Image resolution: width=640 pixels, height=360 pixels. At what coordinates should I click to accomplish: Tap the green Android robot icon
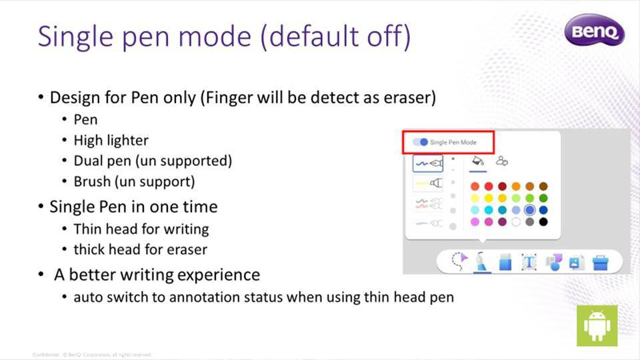597,326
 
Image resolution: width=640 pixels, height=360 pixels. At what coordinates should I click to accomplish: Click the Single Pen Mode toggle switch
421,142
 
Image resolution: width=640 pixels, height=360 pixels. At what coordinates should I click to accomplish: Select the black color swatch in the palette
543,222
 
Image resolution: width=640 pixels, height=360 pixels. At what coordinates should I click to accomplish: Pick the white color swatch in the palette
515,222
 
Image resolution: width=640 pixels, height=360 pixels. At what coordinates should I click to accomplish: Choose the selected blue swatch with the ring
529,210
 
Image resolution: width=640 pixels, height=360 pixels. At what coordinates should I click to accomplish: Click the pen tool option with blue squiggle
428,163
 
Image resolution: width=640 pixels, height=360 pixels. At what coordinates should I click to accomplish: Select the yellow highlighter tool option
428,183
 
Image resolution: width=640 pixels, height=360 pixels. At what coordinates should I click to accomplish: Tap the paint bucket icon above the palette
478,161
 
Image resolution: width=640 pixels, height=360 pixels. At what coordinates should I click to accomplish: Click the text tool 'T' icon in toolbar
529,262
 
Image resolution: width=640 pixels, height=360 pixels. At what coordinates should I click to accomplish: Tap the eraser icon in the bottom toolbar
505,262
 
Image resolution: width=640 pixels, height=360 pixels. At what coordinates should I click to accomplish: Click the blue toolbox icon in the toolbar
601,262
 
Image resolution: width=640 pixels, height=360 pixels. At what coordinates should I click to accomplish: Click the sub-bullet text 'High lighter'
111,140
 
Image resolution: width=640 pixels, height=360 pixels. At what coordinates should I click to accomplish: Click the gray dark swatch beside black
529,222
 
